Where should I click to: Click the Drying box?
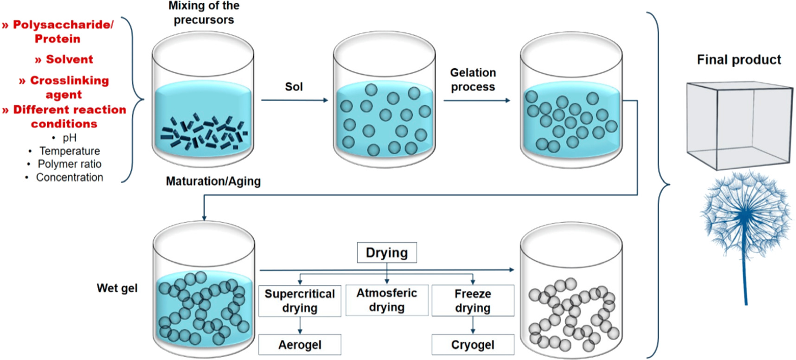tap(386, 253)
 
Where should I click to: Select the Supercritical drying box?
tap(300, 301)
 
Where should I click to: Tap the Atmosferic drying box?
tap(386, 300)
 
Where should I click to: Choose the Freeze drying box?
tap(473, 301)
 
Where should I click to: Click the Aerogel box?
tap(300, 345)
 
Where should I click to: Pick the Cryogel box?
tap(473, 345)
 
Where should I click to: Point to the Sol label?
tap(294, 87)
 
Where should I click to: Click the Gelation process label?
tap(473, 80)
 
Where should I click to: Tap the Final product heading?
tap(738, 60)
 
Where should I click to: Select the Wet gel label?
tap(117, 288)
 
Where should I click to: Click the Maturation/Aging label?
tap(213, 181)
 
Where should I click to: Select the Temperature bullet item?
tap(70, 151)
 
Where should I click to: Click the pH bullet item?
tap(70, 138)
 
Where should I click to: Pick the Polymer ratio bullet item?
tap(70, 164)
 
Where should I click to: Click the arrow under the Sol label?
tap(294, 100)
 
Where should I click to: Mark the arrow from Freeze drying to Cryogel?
tap(473, 325)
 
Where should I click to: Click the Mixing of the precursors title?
tap(204, 13)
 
